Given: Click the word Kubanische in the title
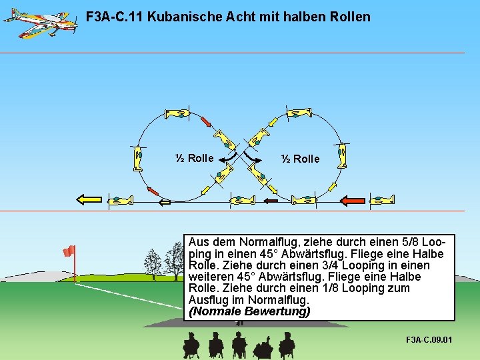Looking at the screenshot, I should tap(184, 17).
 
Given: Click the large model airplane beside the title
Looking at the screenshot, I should tap(38, 22).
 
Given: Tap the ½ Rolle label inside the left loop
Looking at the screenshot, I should tap(194, 158).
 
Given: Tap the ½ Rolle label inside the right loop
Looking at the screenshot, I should tap(300, 159).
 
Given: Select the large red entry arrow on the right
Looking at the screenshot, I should tap(352, 200).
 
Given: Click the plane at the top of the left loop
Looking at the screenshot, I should tap(178, 115).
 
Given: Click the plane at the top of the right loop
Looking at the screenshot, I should tap(297, 114).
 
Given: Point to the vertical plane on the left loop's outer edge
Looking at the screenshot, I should tap(138, 158).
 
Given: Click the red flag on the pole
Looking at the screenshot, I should tap(69, 251).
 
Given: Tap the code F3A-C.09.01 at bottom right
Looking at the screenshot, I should tap(429, 340).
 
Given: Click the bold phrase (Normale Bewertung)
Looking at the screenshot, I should tap(249, 311).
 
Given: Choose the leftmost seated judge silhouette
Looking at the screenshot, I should tap(191, 345).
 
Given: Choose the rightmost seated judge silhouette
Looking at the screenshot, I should tap(287, 345).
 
